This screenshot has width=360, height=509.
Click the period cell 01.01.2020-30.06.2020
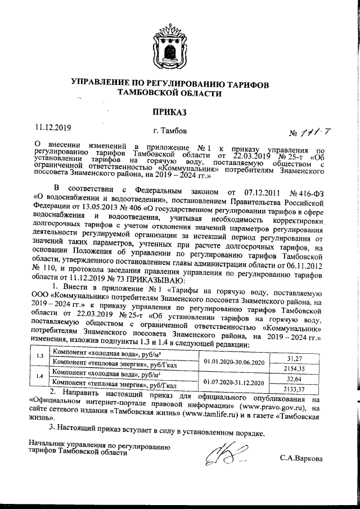[233, 363]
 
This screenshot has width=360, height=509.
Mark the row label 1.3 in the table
[39, 358]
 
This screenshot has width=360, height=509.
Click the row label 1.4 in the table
[39, 377]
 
